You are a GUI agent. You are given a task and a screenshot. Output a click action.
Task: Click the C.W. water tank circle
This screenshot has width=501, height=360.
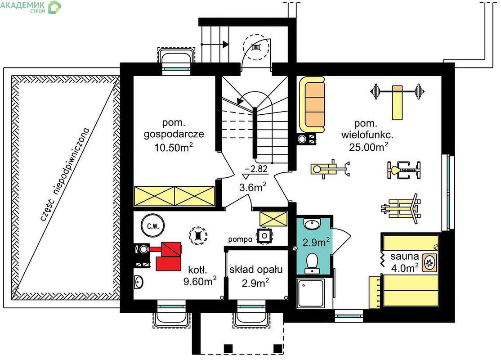click(153, 226)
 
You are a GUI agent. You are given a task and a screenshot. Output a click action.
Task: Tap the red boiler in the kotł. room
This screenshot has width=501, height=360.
click(168, 256)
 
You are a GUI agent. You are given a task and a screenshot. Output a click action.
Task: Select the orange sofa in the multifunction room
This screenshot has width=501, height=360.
click(312, 104)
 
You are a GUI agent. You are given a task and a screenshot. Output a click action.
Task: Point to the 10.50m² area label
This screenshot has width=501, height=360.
click(174, 148)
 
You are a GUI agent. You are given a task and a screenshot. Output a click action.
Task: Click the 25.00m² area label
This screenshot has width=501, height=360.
click(368, 147)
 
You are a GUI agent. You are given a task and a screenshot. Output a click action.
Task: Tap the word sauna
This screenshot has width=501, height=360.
click(404, 256)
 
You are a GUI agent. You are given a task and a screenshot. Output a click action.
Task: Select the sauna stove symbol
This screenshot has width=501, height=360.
click(429, 263)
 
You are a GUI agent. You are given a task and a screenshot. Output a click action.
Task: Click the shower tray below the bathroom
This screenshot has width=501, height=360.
click(310, 293)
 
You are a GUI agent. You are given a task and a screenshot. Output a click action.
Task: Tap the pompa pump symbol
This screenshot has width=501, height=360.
click(264, 236)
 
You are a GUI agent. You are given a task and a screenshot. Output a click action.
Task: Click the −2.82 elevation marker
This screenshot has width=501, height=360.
click(255, 172)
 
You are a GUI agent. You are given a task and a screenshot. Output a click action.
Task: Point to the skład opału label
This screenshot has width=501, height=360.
click(256, 270)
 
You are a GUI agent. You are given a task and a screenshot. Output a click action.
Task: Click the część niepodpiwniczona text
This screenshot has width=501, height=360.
click(64, 174)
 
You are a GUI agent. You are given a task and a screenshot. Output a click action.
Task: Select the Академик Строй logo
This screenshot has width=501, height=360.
click(30, 7)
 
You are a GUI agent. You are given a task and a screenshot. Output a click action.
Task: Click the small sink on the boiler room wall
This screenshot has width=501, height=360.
click(139, 282)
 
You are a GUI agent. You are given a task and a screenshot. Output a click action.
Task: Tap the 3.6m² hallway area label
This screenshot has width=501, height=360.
click(253, 187)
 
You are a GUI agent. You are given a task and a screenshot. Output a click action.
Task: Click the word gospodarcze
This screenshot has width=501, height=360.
click(174, 134)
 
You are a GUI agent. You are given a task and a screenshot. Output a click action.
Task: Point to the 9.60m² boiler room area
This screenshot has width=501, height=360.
click(200, 281)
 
